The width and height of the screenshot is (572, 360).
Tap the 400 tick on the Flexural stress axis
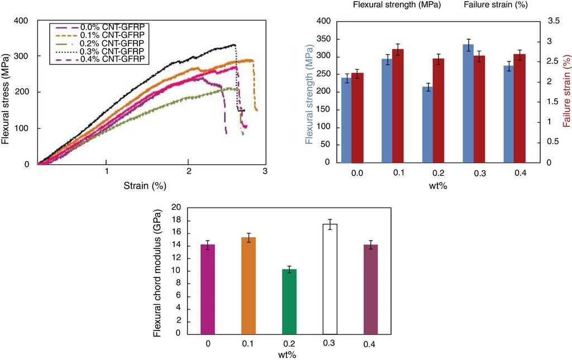pyautogui.click(x=21, y=21)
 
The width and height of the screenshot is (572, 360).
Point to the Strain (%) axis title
pyautogui.click(x=145, y=185)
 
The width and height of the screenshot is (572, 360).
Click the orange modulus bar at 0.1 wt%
pyautogui.click(x=248, y=285)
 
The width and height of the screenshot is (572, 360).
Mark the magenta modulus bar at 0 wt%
pyautogui.click(x=207, y=289)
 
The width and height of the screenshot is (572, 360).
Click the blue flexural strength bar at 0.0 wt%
pyautogui.click(x=347, y=120)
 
